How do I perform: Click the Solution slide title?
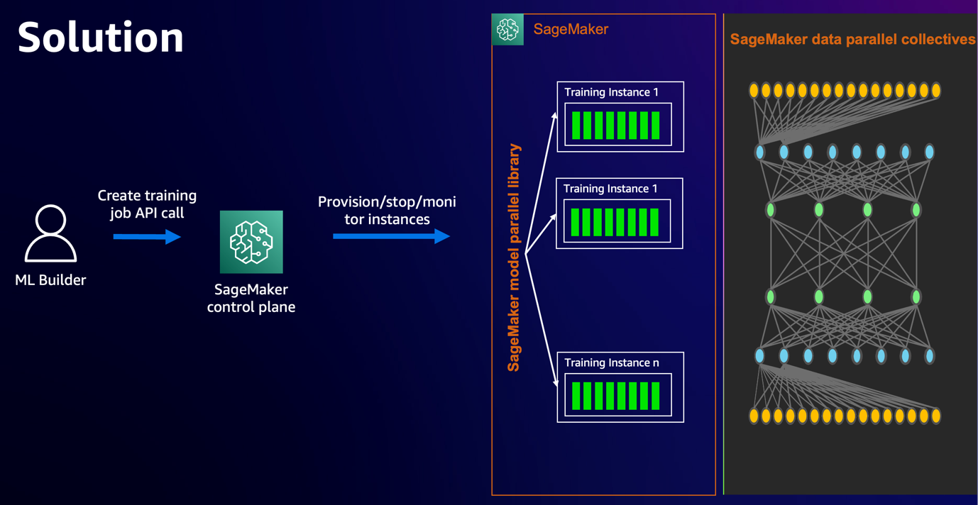(101, 37)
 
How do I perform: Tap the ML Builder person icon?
(50, 233)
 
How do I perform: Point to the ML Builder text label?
(50, 280)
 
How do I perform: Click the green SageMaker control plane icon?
(251, 242)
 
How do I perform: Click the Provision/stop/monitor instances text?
(387, 211)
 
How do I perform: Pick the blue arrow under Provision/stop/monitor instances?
(391, 236)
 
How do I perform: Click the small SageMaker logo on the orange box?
(507, 30)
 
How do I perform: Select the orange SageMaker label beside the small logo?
(571, 30)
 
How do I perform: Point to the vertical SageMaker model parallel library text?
(515, 257)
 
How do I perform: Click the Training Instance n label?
(612, 363)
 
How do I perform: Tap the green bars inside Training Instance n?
(616, 396)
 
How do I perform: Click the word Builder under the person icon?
(62, 280)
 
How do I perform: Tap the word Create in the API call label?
(118, 196)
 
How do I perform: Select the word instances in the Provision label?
(397, 220)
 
